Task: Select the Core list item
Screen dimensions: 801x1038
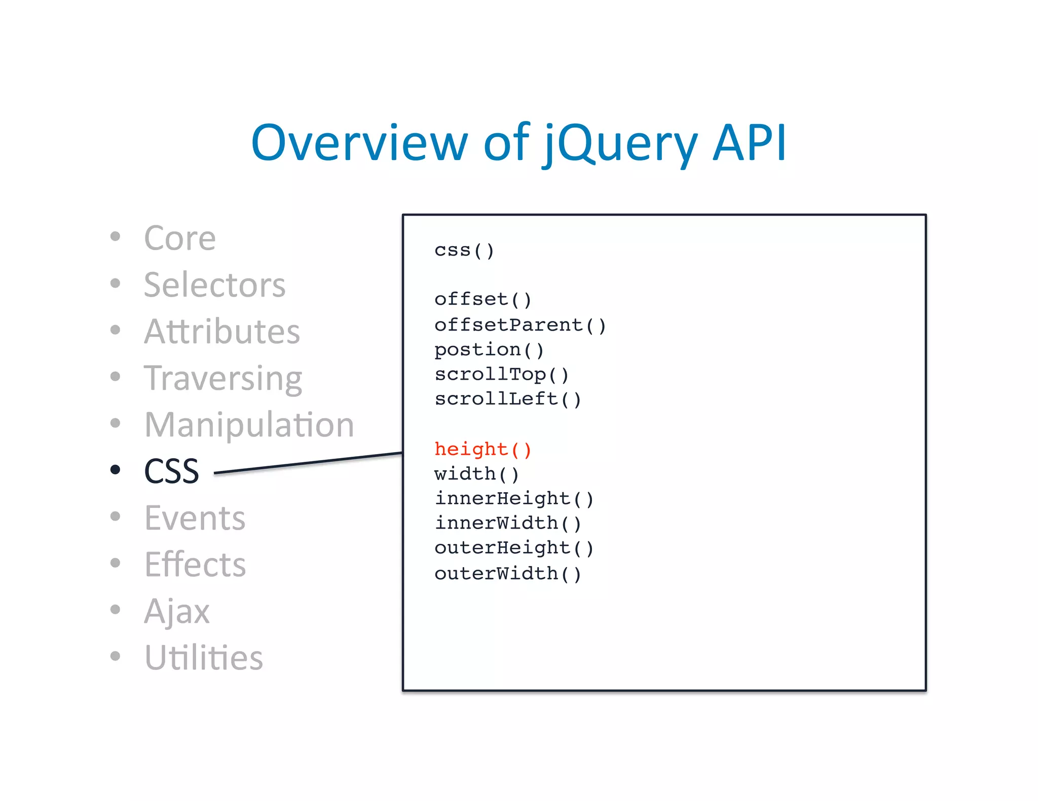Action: point(180,238)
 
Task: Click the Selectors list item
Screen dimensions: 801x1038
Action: point(214,285)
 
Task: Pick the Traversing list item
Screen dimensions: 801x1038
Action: point(223,379)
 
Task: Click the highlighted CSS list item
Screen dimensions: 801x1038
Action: point(171,471)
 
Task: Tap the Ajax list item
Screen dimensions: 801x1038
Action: point(176,611)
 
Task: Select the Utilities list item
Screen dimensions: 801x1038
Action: point(203,658)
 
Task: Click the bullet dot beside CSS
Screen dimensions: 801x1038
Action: point(116,470)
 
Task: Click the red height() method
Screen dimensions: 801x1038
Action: point(483,449)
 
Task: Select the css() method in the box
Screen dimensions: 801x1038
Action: point(464,250)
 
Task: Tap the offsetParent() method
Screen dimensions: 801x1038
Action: point(520,325)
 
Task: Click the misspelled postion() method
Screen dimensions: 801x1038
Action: point(489,350)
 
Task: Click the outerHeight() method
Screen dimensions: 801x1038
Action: point(514,548)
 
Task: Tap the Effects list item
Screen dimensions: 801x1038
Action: point(195,565)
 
